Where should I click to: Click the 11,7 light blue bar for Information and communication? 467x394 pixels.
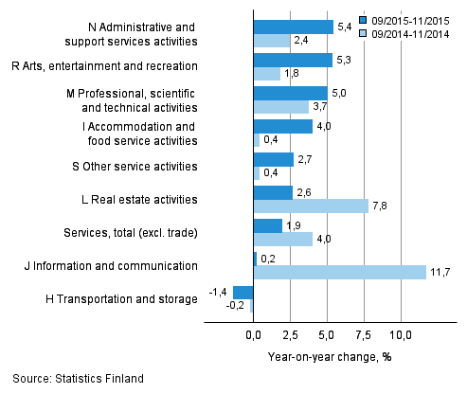pyautogui.click(x=339, y=273)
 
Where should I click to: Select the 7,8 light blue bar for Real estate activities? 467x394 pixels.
pyautogui.click(x=311, y=206)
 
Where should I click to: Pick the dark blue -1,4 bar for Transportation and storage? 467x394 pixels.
pyautogui.click(x=243, y=292)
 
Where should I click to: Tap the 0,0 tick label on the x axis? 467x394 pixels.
pyautogui.click(x=254, y=335)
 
